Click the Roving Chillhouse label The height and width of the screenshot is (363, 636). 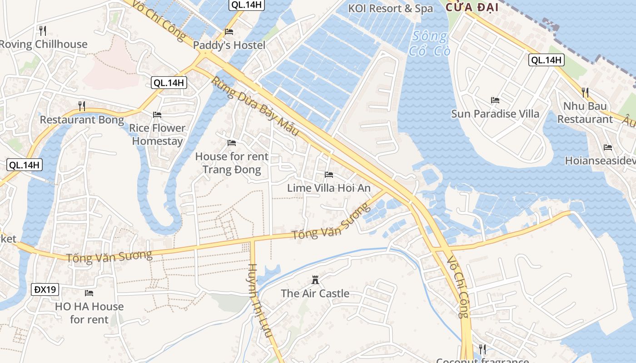[43, 44]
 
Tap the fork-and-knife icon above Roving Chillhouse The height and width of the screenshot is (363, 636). [43, 31]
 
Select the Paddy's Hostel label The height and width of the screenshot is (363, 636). [229, 45]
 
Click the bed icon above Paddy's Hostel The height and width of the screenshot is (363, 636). [229, 32]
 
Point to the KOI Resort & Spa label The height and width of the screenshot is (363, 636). [390, 9]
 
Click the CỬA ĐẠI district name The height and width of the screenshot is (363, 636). [472, 7]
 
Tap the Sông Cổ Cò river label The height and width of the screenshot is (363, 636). [429, 44]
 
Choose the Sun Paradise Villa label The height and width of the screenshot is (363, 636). [495, 114]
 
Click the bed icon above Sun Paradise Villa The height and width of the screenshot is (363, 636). [495, 100]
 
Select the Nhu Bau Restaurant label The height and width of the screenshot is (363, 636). [585, 113]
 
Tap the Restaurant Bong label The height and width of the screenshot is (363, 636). [82, 120]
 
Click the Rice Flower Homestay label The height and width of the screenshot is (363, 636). [157, 134]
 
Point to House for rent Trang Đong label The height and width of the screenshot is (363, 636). [232, 163]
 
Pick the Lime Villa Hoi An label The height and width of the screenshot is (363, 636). [329, 188]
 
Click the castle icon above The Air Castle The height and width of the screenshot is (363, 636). [315, 280]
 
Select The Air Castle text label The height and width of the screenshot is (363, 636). [315, 294]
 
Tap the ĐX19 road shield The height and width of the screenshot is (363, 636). [45, 289]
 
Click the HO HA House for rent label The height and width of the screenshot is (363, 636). [89, 313]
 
